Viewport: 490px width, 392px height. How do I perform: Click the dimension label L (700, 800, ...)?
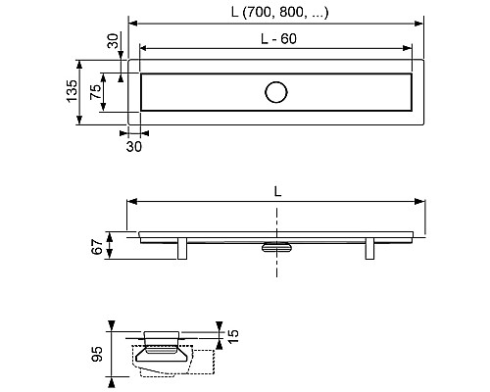pos(279,13)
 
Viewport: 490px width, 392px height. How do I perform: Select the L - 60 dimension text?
pos(278,39)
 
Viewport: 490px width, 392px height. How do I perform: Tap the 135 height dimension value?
pos(72,91)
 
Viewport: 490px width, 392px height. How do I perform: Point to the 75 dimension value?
pos(96,92)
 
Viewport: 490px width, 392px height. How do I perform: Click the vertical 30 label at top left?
pos(113,41)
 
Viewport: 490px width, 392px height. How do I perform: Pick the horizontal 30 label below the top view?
pos(134,147)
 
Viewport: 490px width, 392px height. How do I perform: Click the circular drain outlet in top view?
pos(276,92)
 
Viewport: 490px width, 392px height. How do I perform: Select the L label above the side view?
pos(277,191)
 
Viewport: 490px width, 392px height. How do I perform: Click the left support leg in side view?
pos(182,249)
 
